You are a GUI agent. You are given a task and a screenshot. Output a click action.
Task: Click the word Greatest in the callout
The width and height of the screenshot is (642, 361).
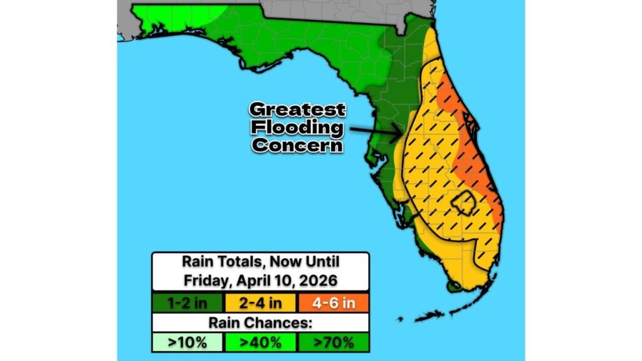tap(297, 110)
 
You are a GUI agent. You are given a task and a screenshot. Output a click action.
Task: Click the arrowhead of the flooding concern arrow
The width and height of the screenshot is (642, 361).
tap(399, 133)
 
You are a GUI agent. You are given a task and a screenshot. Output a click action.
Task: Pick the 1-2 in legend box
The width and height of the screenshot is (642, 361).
tap(187, 303)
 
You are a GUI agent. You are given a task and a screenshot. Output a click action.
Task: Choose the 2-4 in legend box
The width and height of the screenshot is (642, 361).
tap(260, 303)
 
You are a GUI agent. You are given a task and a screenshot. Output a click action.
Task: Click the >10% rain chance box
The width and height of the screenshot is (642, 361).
tap(187, 342)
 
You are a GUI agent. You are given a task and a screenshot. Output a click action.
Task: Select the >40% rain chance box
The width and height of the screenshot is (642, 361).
tap(260, 342)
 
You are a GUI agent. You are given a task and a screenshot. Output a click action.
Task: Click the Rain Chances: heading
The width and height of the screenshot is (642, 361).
tap(260, 323)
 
